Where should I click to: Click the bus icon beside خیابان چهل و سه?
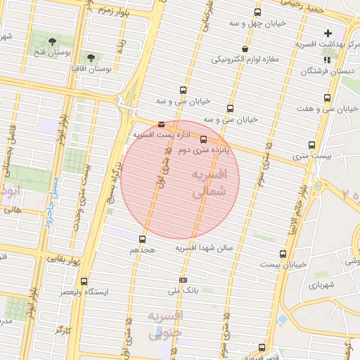(257, 13)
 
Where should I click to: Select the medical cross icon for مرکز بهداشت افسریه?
(328, 33)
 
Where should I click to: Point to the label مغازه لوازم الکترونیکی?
(245, 58)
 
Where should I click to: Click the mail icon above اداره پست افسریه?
(161, 124)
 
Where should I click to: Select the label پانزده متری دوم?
(203, 151)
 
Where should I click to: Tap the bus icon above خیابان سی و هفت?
(327, 98)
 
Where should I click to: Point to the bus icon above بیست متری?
(311, 145)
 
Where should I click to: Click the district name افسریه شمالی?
(210, 181)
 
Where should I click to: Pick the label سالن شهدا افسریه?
(208, 247)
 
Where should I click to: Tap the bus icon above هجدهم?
(143, 240)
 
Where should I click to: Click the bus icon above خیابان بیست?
(283, 254)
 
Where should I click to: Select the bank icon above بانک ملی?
(184, 281)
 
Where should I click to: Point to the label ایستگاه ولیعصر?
(84, 290)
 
